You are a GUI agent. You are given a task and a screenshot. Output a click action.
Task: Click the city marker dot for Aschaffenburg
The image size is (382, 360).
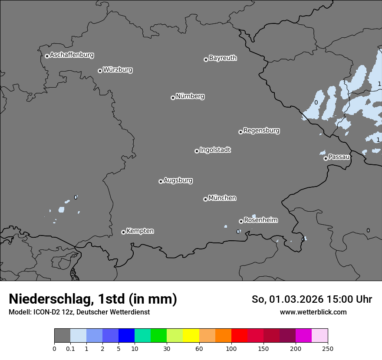(47, 56)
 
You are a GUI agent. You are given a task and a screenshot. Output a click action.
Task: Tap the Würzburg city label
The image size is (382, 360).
(118, 70)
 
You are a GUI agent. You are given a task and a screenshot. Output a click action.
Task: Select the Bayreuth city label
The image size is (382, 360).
(223, 58)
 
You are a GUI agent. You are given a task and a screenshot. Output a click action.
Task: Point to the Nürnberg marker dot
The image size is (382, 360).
(173, 98)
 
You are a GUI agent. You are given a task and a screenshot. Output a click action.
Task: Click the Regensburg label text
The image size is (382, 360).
(261, 131)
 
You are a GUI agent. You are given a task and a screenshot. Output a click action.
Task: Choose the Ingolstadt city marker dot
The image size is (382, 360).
(197, 151)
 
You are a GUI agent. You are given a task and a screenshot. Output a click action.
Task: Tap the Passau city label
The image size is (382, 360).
(339, 157)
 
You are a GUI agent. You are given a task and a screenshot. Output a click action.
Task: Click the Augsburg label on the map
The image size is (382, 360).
(178, 180)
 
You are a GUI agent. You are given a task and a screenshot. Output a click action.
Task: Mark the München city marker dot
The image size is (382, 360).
(205, 199)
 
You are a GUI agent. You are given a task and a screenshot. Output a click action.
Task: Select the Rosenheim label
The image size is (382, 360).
(260, 220)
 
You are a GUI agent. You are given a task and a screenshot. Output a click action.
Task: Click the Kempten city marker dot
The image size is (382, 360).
(123, 232)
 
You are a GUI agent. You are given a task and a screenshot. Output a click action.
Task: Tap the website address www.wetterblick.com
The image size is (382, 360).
(313, 312)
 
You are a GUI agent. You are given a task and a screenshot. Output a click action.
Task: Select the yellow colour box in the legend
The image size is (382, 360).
(191, 336)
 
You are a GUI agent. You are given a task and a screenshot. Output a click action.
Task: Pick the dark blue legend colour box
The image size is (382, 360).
(126, 336)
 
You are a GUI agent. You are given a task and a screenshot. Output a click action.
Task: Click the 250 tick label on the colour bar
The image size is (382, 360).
(328, 348)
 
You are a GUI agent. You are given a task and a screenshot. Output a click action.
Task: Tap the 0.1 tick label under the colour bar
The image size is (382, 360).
(70, 348)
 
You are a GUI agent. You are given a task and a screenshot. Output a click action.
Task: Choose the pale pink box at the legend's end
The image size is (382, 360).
(319, 336)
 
